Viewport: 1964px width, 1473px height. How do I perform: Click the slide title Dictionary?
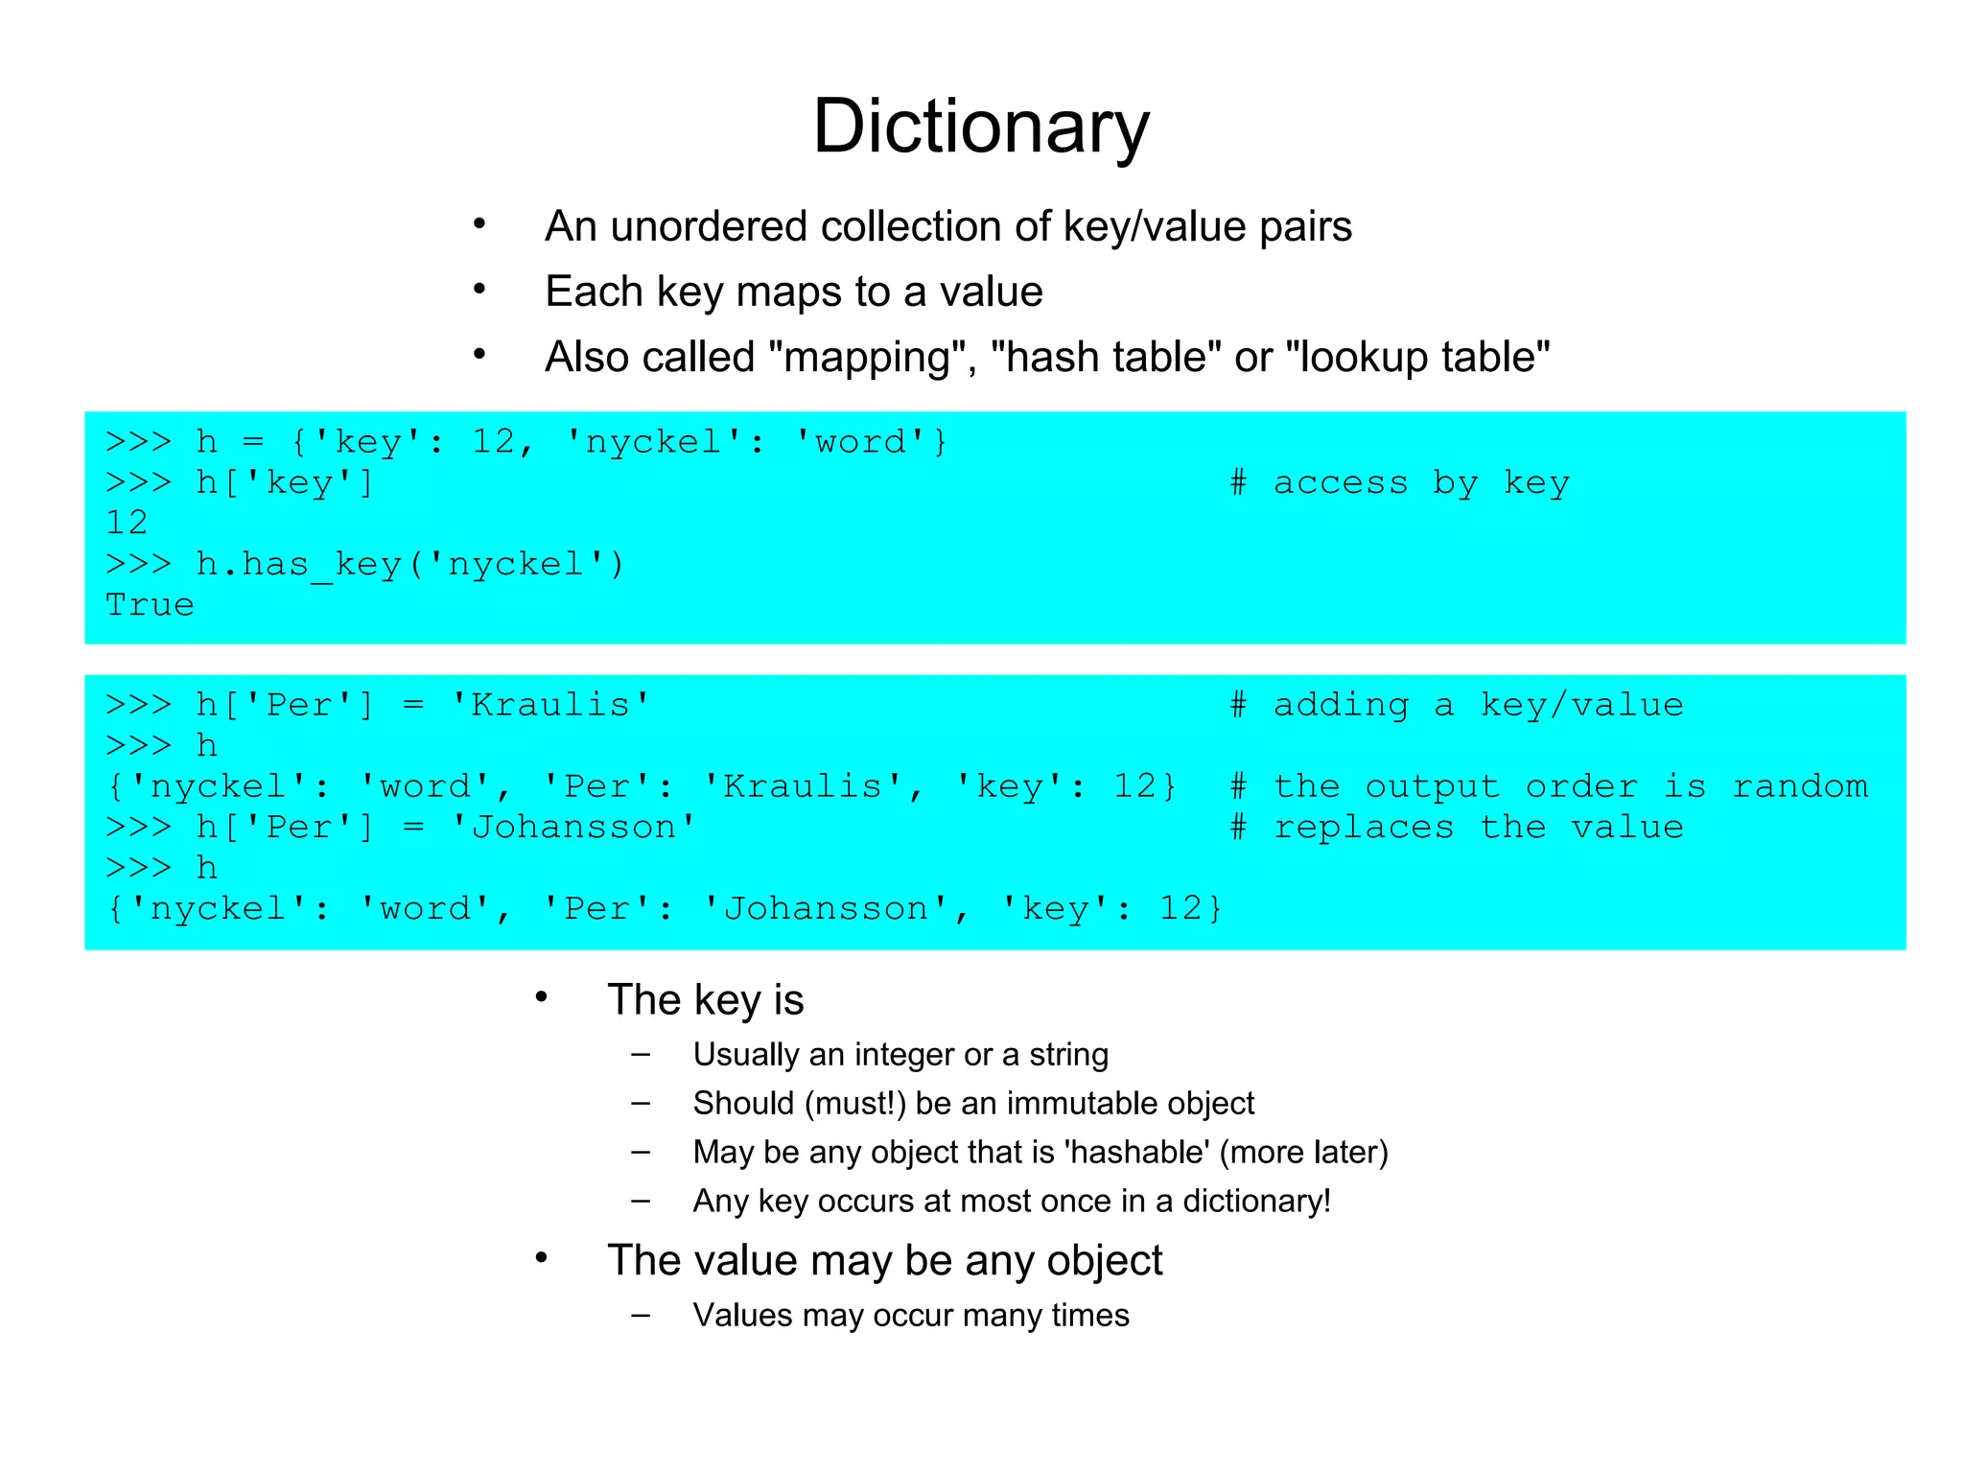980,127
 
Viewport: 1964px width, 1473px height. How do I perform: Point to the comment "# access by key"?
1399,483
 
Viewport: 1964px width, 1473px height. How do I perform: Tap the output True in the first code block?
150,605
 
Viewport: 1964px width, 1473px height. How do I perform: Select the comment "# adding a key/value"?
1457,706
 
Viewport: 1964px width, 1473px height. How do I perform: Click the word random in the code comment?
1799,787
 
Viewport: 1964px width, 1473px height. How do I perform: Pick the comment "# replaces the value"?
1457,828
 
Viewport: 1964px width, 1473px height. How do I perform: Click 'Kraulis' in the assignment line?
551,706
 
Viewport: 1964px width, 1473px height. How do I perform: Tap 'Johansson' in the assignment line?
573,828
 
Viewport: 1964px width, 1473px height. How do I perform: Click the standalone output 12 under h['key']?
127,524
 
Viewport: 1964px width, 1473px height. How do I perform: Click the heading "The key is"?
705,1000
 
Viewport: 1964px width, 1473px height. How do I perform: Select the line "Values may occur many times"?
911,1316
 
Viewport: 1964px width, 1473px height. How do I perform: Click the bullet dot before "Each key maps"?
479,289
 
